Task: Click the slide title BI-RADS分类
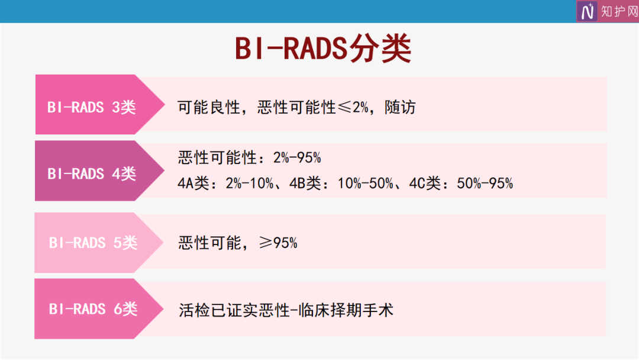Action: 323,49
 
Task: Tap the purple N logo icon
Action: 587,11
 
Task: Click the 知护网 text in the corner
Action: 619,11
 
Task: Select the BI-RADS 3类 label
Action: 92,107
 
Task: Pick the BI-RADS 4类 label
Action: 92,173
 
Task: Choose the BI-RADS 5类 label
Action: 93,243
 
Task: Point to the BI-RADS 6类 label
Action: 93,309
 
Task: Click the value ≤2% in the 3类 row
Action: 353,108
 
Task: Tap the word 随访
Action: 400,108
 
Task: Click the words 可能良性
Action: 209,108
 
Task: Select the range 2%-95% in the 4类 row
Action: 297,157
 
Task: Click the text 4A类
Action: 193,184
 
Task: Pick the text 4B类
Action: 305,184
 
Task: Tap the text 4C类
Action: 425,184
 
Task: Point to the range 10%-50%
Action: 366,184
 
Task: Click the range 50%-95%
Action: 485,184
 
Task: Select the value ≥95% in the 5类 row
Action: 278,243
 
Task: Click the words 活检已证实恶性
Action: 234,310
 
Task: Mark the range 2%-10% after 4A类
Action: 250,184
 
